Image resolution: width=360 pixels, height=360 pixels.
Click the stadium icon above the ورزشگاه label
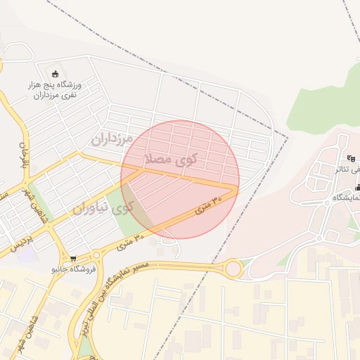[x=56, y=73]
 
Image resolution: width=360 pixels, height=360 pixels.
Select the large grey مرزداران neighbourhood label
[x=112, y=138]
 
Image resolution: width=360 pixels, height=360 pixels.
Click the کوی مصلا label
[x=170, y=158]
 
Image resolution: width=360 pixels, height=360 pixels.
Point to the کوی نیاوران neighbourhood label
[x=103, y=208]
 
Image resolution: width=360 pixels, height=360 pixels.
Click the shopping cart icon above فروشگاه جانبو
[x=73, y=258]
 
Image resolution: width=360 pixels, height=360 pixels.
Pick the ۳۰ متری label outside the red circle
[x=131, y=243]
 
